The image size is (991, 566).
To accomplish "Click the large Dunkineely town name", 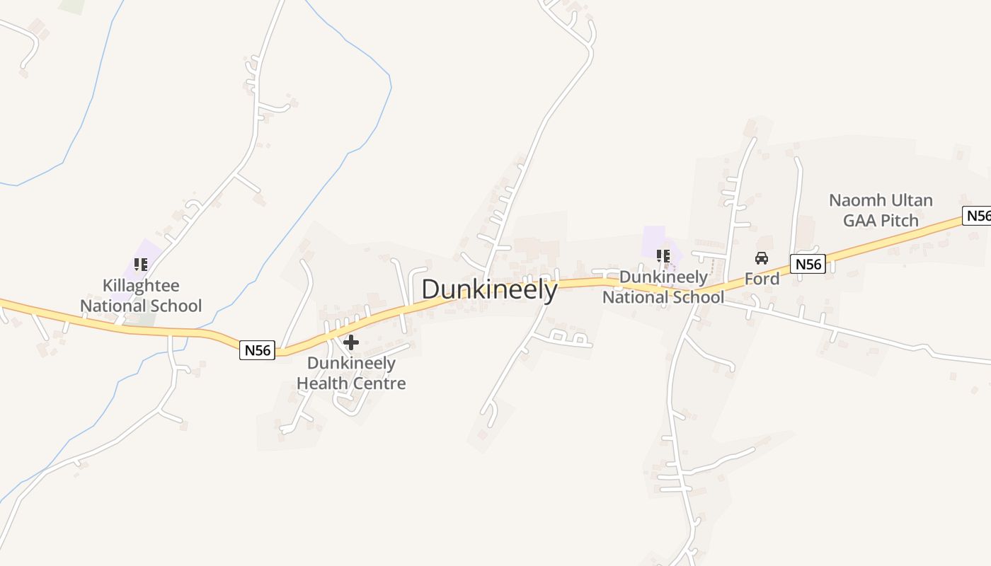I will pyautogui.click(x=489, y=290).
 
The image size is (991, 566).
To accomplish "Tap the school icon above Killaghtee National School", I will pyautogui.click(x=141, y=265).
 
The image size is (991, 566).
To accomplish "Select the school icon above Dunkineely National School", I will pyautogui.click(x=663, y=255).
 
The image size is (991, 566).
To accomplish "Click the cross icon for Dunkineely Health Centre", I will pyautogui.click(x=350, y=343).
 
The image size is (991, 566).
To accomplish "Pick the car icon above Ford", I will pyautogui.click(x=762, y=258).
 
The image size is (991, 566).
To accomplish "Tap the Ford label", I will pyautogui.click(x=762, y=279).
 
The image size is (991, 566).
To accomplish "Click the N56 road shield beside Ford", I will pyautogui.click(x=808, y=265).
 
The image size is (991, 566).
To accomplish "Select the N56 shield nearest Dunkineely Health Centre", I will pyautogui.click(x=257, y=350).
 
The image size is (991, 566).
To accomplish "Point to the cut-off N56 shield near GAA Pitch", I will pyautogui.click(x=978, y=216).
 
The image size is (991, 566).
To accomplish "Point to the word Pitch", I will pyautogui.click(x=899, y=221).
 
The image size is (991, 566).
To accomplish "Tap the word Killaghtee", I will pyautogui.click(x=141, y=286).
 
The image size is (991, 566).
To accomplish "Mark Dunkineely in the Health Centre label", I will pyautogui.click(x=351, y=363).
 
